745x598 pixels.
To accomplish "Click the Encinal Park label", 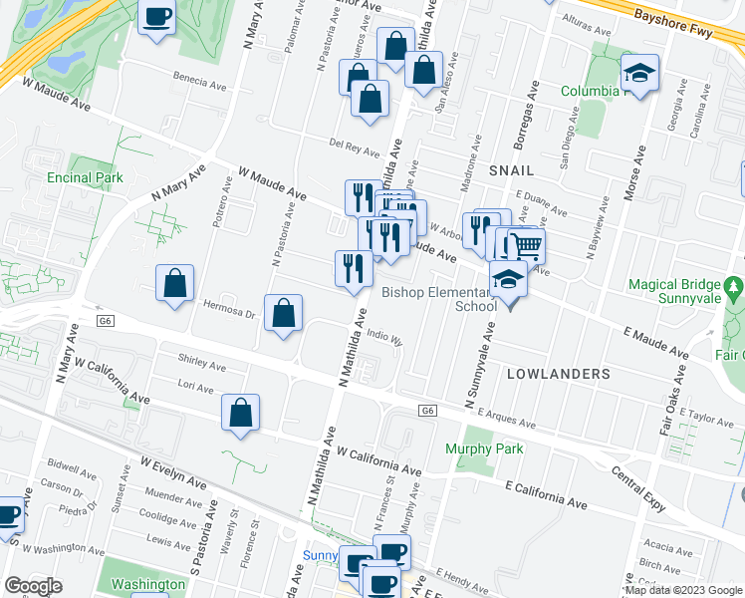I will coord(85,177).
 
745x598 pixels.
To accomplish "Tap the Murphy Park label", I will coord(484,449).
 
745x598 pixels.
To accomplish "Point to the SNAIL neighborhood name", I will coord(512,170).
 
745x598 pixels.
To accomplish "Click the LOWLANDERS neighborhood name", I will coord(558,374).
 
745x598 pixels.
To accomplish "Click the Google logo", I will coord(33,586).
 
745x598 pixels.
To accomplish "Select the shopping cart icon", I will coord(526,245).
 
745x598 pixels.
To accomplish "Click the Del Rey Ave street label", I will coord(357,147).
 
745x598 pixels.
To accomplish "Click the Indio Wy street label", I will coord(384,338).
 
